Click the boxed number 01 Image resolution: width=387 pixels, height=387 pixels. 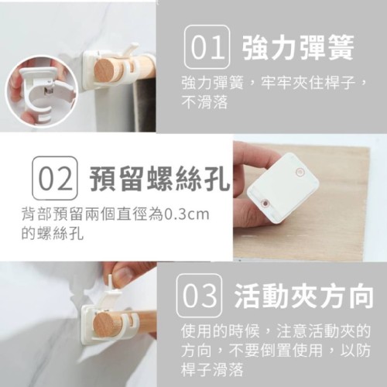coord(207,46)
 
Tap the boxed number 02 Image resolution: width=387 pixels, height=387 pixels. coord(55,178)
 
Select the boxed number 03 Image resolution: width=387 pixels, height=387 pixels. coord(200,296)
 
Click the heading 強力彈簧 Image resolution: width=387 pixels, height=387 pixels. coord(298,47)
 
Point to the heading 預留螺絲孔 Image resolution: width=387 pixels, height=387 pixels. coord(159,179)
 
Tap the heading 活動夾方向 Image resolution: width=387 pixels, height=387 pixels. coord(304,296)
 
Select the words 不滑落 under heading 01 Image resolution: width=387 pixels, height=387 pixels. coord(204,103)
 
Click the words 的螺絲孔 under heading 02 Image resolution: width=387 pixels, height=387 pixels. coord(53,234)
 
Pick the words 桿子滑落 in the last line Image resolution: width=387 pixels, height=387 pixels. coord(212,370)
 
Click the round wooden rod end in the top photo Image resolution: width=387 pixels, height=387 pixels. coord(104,70)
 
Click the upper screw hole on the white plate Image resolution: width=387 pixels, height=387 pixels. coord(300,172)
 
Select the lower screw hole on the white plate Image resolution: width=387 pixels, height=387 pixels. coord(265,203)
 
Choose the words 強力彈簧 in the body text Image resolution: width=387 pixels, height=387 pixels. coord(212,83)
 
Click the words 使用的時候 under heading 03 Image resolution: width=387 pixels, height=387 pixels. coord(220,331)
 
